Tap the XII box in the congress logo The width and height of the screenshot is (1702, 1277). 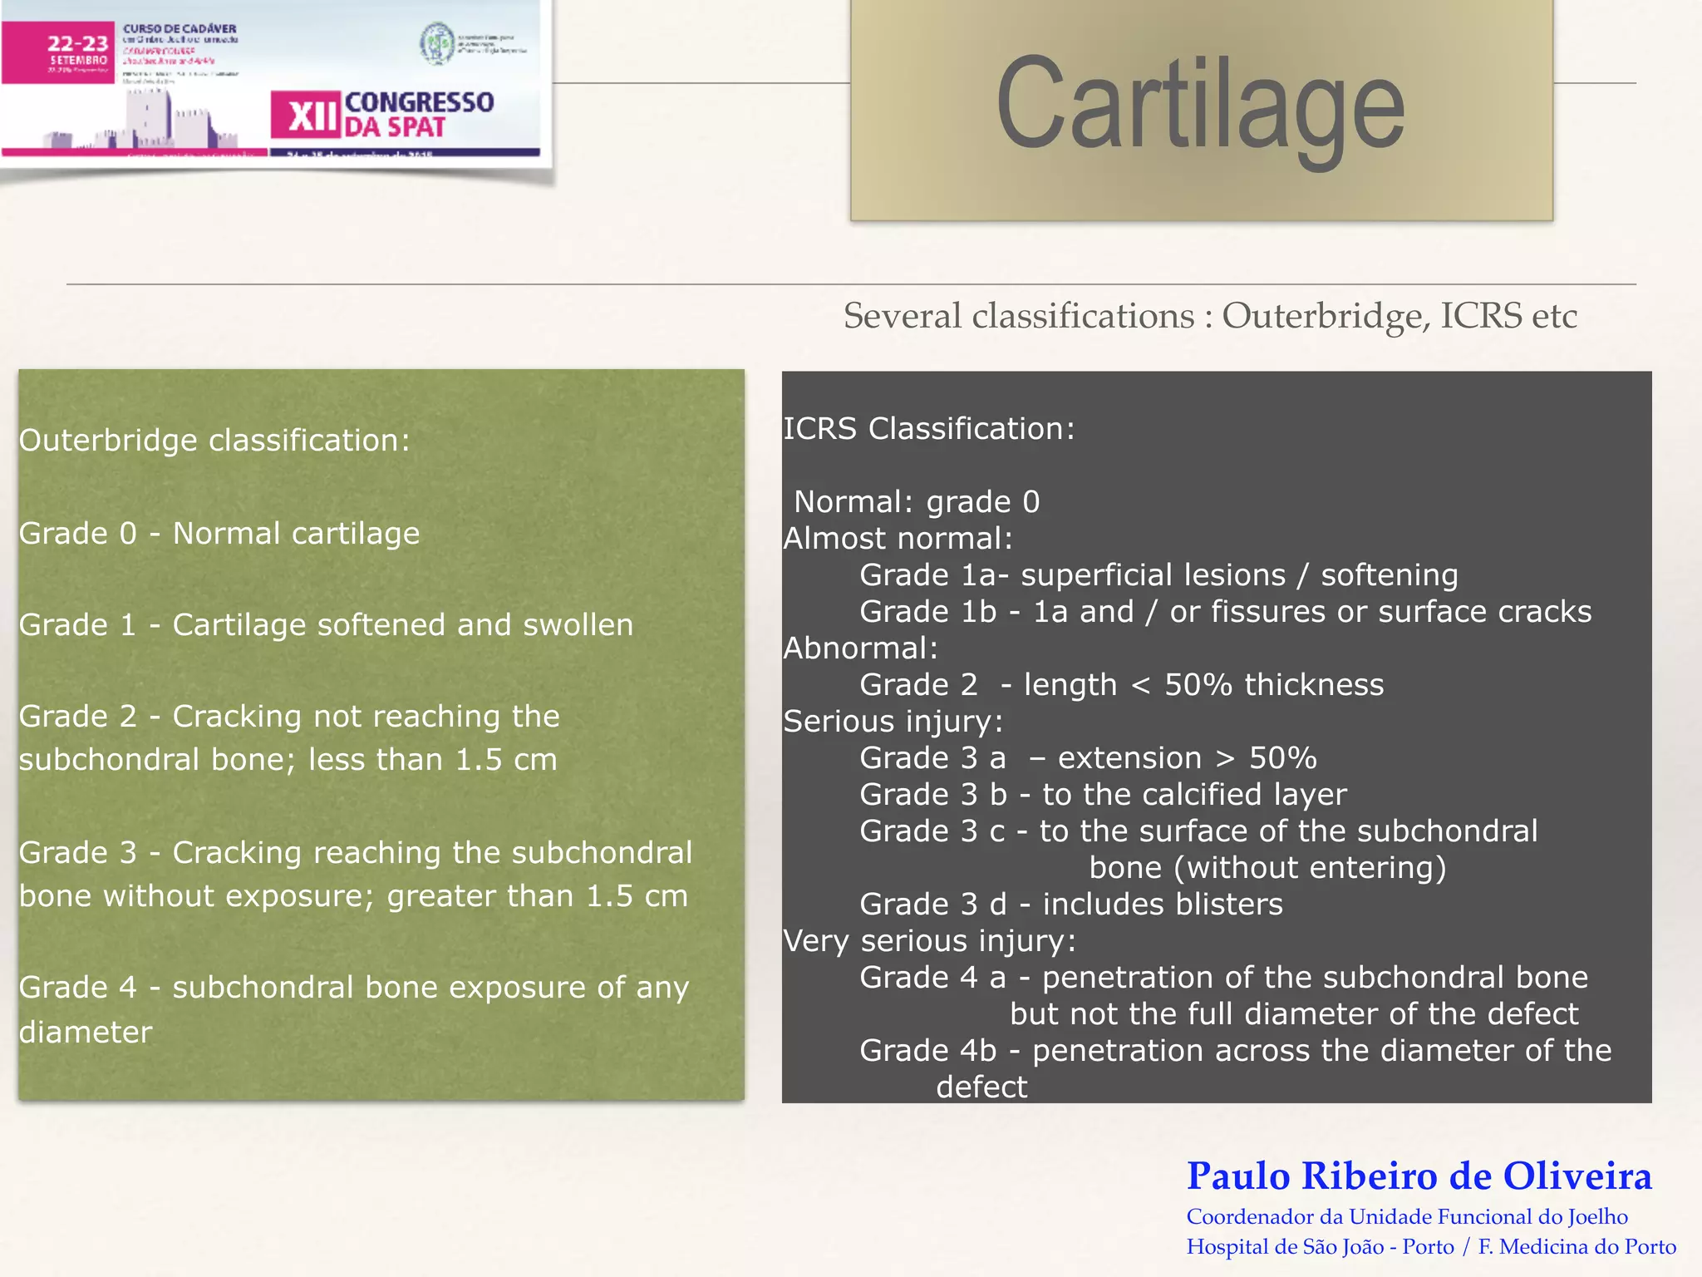306,115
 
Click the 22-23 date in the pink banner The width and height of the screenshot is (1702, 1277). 77,43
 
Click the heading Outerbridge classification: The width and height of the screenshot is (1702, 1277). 214,440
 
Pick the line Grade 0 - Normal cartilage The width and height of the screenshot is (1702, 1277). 219,533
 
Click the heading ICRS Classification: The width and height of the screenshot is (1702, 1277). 929,428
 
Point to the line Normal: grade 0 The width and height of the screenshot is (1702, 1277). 917,501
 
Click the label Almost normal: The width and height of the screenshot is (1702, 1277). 898,538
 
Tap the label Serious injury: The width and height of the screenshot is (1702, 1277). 893,721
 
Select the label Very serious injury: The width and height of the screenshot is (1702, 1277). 930,940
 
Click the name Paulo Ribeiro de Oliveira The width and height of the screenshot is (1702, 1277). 1419,1176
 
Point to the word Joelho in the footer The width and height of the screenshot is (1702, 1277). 1597,1216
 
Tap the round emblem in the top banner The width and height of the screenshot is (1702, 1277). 436,43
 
